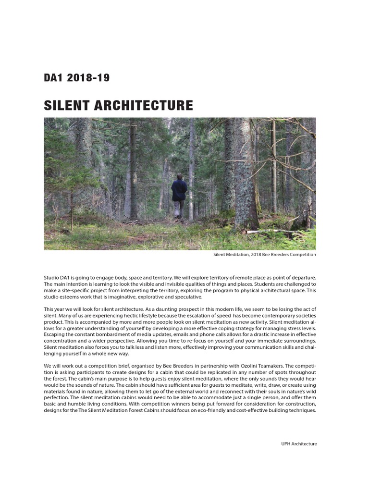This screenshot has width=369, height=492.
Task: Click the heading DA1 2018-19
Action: [x=77, y=78]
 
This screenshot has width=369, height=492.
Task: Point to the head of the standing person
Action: [x=179, y=176]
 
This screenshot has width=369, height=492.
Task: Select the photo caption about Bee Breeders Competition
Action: [x=264, y=255]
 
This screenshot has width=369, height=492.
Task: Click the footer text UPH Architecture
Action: [x=298, y=444]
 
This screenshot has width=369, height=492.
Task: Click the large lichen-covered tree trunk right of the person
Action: [x=245, y=178]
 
